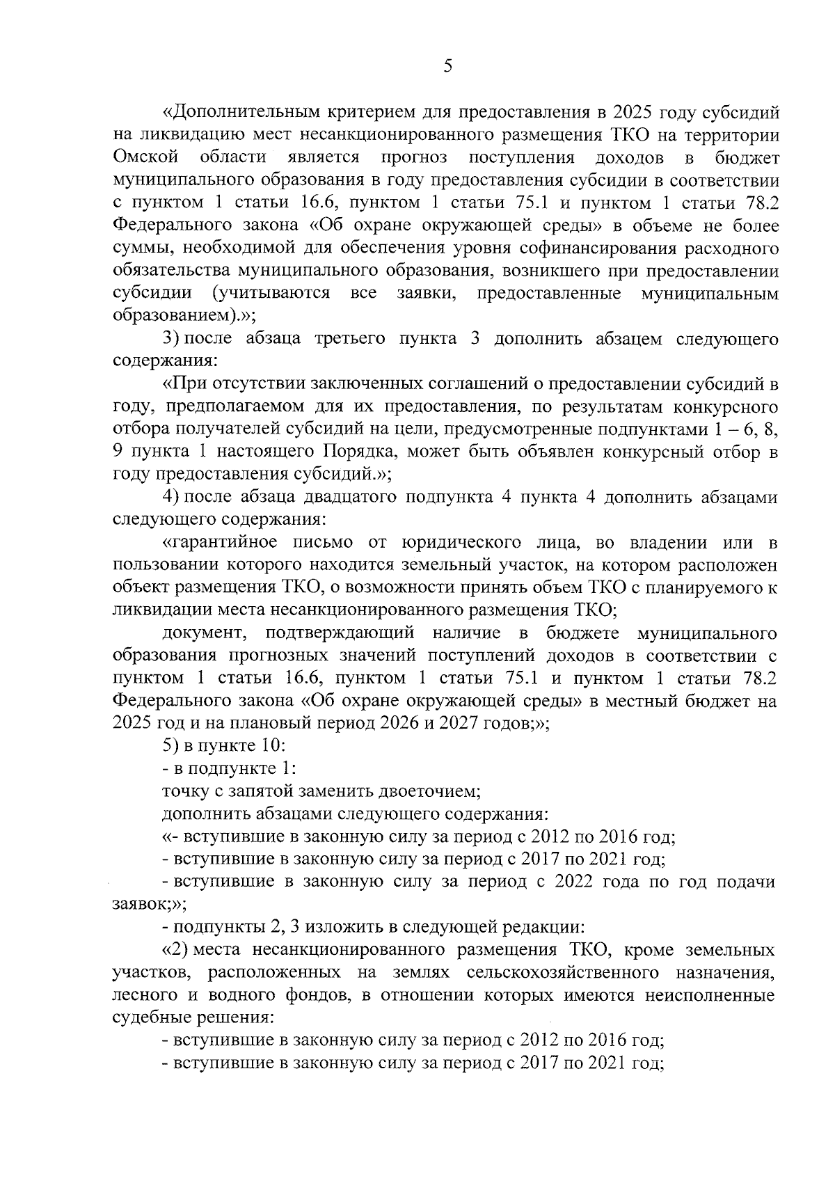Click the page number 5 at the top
click(x=447, y=66)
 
